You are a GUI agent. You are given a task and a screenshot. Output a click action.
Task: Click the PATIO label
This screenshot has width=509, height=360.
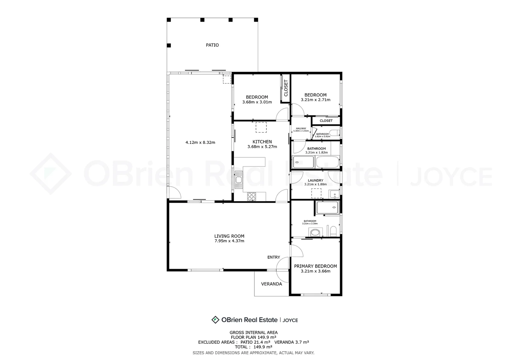(212, 45)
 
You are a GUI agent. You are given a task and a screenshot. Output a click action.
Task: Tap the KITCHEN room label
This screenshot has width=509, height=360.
(262, 142)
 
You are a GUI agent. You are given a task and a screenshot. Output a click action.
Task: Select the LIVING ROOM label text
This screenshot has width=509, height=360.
(229, 236)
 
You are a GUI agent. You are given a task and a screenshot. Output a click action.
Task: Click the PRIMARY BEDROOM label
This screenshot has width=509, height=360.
(315, 266)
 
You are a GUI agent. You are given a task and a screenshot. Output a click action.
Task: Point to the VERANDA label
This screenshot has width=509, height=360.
(271, 284)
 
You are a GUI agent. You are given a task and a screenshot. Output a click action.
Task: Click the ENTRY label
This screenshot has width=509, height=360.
(273, 257)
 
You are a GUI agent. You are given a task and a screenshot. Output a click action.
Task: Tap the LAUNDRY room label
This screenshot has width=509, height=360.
(315, 180)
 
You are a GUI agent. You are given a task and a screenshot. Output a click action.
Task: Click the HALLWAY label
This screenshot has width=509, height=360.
(301, 128)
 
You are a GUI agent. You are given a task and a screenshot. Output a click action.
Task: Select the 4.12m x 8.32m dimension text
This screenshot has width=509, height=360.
(200, 142)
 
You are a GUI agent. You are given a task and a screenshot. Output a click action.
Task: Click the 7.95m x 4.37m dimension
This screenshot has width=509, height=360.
(229, 241)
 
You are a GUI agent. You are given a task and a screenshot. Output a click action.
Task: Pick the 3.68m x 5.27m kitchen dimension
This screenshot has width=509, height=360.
(262, 147)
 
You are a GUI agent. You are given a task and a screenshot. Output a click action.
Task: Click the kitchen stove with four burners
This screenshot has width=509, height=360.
(252, 197)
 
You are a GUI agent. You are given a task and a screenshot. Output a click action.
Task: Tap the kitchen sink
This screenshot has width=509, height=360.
(239, 180)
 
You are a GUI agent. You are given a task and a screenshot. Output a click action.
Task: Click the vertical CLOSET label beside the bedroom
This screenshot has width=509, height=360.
(285, 88)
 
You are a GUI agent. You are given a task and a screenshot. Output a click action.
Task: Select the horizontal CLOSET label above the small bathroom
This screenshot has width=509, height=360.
(326, 121)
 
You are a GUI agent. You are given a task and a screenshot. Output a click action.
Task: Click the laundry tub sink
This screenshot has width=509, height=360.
(334, 194)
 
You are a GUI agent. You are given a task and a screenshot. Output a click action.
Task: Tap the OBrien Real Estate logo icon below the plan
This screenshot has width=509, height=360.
(215, 320)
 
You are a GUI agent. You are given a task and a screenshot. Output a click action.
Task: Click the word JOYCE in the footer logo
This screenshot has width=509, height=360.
(290, 320)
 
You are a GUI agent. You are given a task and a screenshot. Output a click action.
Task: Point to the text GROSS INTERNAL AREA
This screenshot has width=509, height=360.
(253, 332)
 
